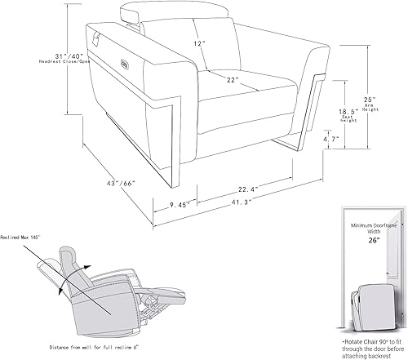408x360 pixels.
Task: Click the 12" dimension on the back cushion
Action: point(200,42)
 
